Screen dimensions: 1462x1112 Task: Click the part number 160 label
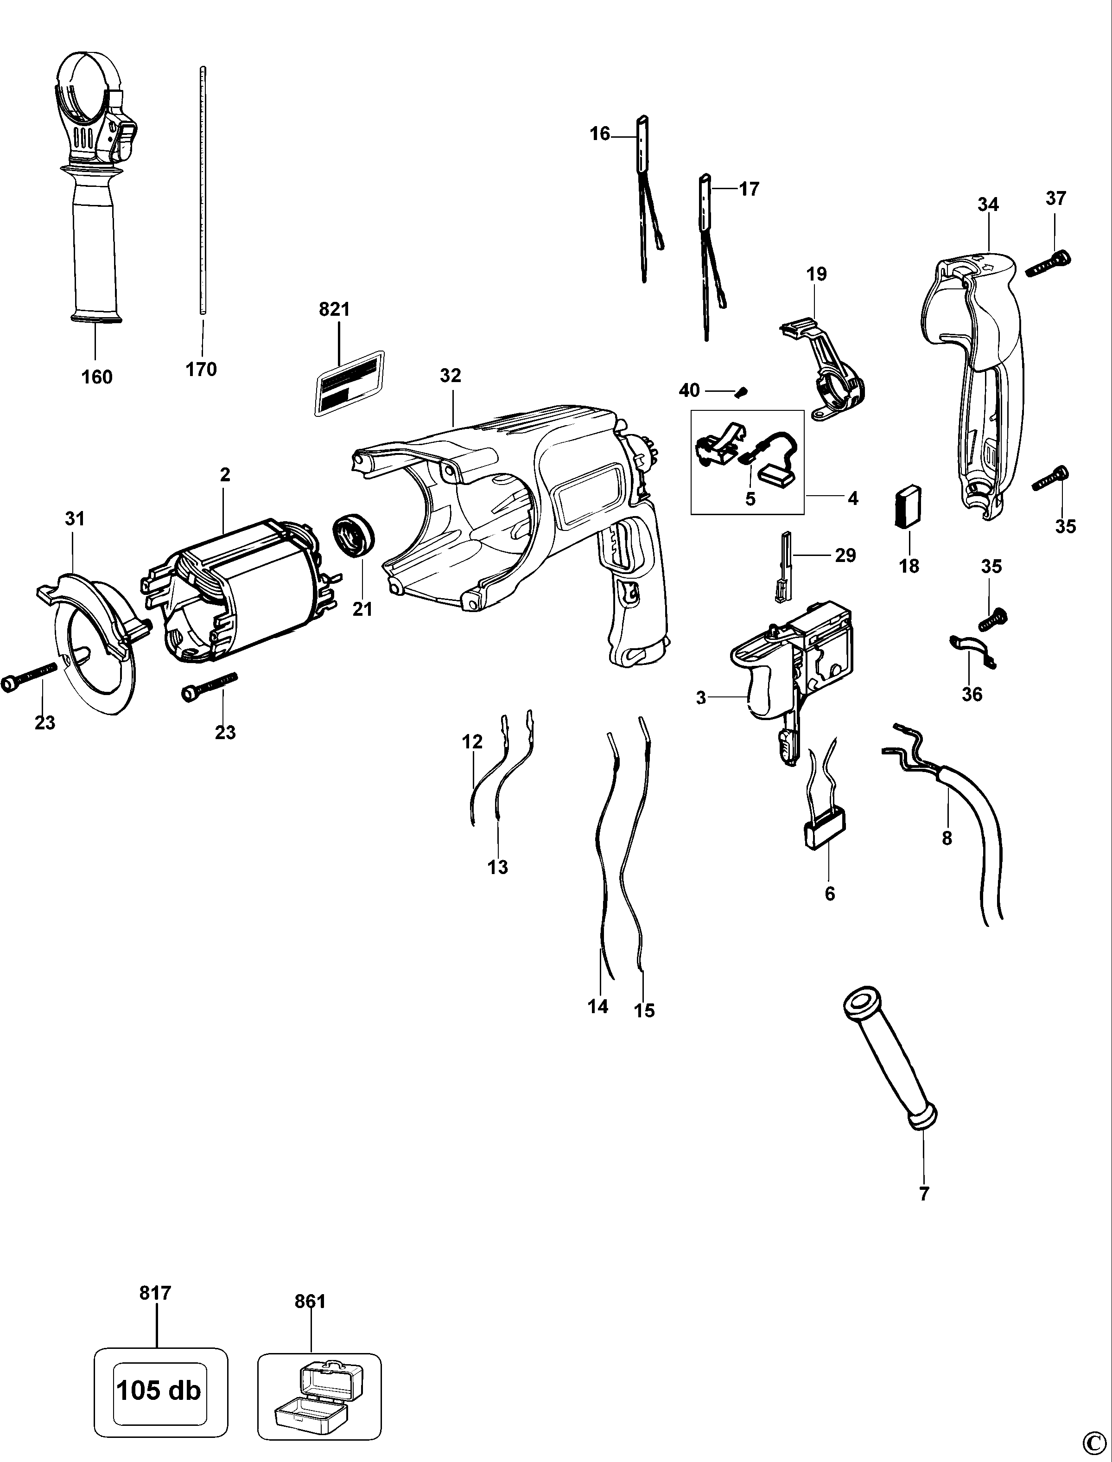tap(96, 377)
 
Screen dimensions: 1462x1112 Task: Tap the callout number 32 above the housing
tap(450, 376)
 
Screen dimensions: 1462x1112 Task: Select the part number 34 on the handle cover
tap(988, 204)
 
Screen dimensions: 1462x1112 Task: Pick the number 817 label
tap(156, 1292)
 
